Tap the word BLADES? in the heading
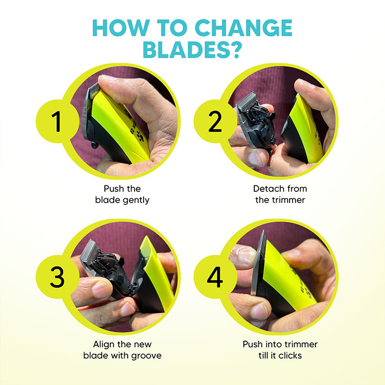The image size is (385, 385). click(x=193, y=50)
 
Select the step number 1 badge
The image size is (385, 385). click(x=57, y=121)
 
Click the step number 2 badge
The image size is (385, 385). click(x=215, y=121)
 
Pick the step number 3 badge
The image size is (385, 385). click(x=57, y=277)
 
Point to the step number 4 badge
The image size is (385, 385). click(x=215, y=277)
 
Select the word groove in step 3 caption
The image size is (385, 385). click(x=147, y=356)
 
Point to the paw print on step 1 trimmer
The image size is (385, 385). click(x=140, y=136)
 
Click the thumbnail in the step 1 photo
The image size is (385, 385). click(x=108, y=78)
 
